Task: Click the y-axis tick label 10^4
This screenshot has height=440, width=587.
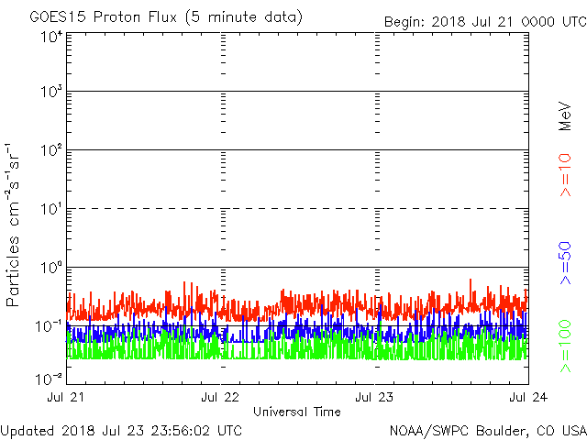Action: tap(50, 36)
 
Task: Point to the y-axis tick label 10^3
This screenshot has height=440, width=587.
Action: tap(50, 92)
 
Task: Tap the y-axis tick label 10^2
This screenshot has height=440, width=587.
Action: tap(50, 149)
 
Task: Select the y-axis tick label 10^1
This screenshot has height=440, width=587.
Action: tap(50, 208)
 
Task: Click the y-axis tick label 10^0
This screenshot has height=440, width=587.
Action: tap(50, 267)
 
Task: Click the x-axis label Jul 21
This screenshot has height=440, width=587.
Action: tap(68, 397)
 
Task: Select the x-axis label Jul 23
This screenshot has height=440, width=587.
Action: tap(375, 397)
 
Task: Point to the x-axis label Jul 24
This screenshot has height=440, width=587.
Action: tap(528, 397)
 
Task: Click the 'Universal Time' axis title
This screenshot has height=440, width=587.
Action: tap(297, 412)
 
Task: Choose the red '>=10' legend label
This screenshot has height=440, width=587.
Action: tap(566, 175)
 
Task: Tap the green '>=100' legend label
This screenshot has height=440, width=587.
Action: tap(566, 346)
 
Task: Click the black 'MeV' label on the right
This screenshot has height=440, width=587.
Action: tap(566, 114)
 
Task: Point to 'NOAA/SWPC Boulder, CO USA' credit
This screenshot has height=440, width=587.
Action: tap(487, 430)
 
